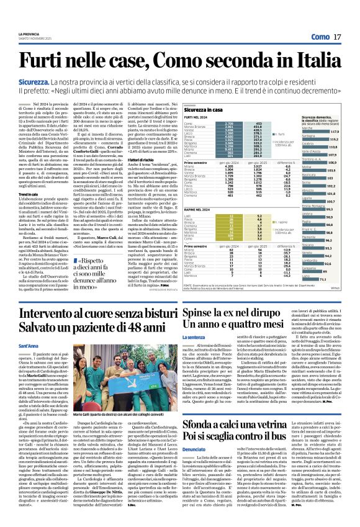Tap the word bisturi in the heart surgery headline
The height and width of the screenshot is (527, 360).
click(132, 314)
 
